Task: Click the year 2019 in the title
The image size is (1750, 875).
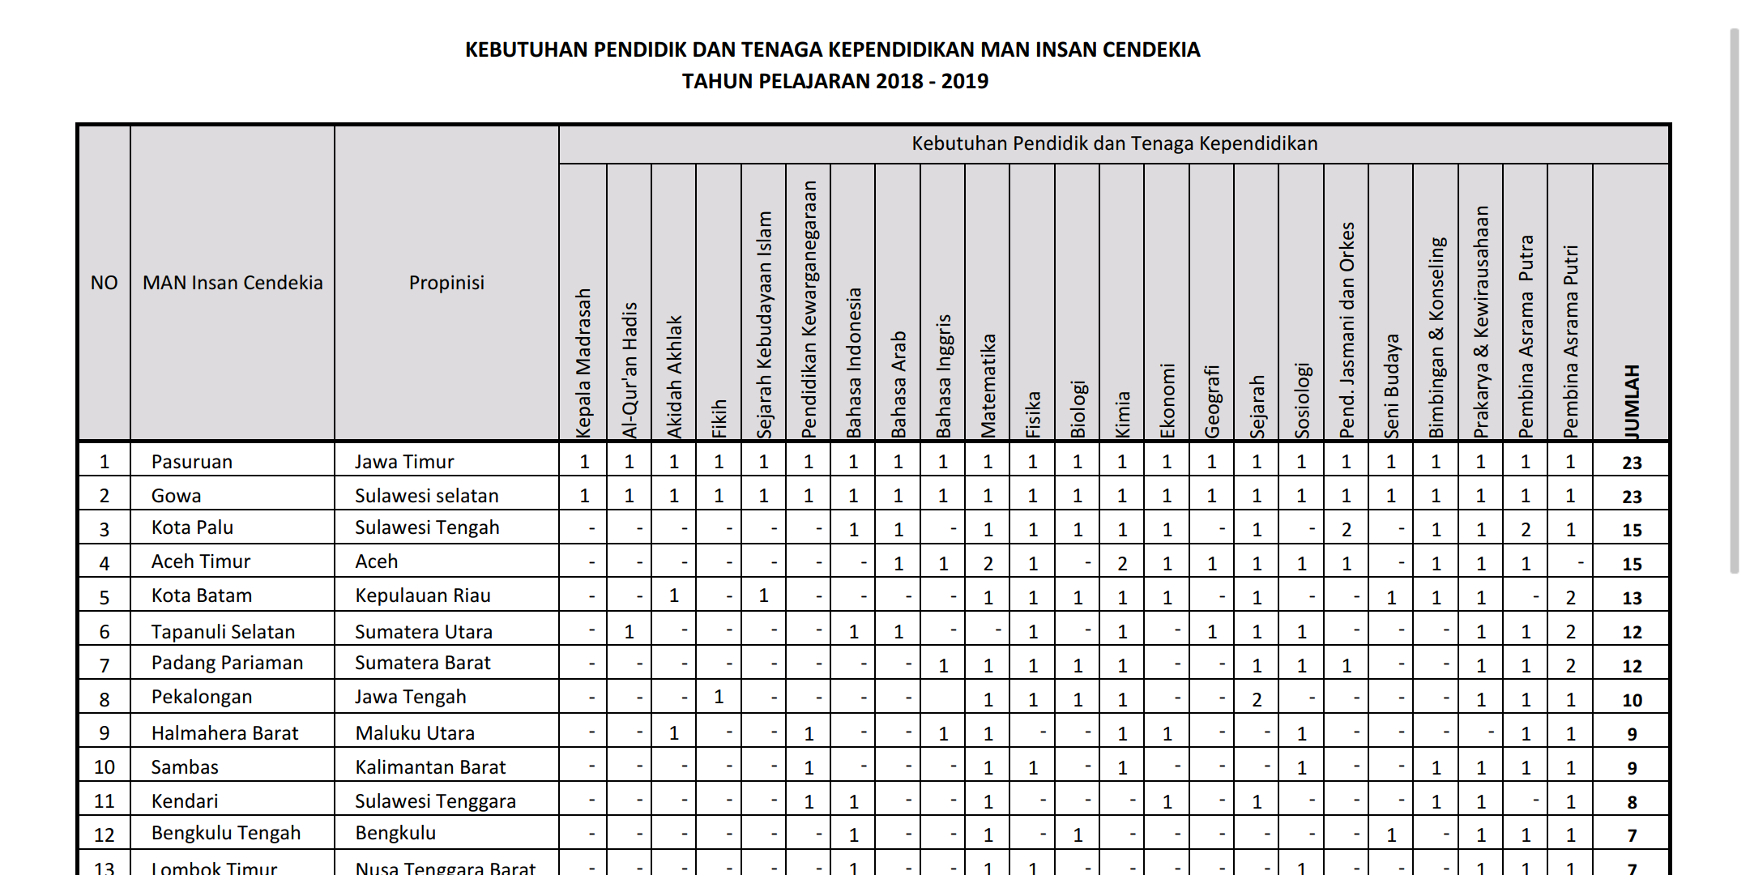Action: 964,81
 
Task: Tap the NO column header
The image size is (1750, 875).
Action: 104,283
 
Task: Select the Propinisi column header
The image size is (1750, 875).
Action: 446,283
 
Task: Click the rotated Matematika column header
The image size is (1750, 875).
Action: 988,386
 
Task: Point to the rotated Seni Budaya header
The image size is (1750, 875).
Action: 1391,386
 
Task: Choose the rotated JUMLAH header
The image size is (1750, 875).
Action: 1632,401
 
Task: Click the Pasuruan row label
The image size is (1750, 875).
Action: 191,462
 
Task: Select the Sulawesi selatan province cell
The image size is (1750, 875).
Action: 426,496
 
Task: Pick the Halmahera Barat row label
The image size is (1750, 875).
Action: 224,733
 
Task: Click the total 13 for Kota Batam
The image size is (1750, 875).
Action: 1632,598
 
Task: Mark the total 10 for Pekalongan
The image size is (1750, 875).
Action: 1632,700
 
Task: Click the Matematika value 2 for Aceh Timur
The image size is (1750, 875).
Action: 988,564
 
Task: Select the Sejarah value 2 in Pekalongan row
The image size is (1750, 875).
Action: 1257,700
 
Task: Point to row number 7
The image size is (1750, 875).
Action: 104,666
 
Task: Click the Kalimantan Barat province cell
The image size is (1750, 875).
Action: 429,767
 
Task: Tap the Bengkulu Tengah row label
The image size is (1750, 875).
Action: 225,833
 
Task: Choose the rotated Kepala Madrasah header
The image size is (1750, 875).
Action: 583,363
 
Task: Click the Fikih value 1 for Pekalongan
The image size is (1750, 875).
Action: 719,697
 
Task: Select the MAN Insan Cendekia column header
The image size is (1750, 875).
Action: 233,283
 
